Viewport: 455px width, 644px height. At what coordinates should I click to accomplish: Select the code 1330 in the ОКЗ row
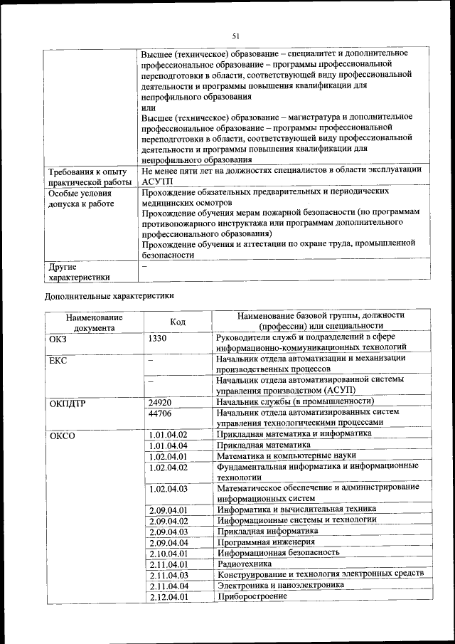pos(157,338)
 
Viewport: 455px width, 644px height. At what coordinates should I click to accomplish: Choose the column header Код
pos(178,322)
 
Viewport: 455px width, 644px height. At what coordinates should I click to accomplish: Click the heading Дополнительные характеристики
pos(109,295)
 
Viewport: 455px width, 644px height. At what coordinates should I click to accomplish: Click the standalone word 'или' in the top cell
pos(148,107)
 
